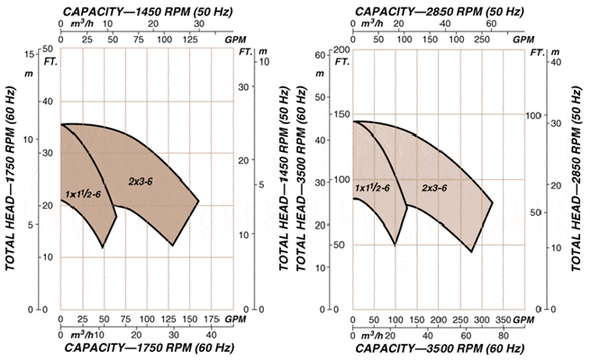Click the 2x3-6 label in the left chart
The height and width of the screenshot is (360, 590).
tap(143, 182)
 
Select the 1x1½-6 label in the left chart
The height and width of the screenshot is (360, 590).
tap(82, 194)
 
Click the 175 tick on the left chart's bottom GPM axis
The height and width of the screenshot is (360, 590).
tap(212, 319)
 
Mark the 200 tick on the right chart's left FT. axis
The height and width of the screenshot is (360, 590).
tap(342, 50)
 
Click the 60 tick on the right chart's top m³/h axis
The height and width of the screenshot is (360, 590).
tap(492, 25)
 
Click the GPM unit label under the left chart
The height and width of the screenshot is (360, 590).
tap(235, 319)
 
